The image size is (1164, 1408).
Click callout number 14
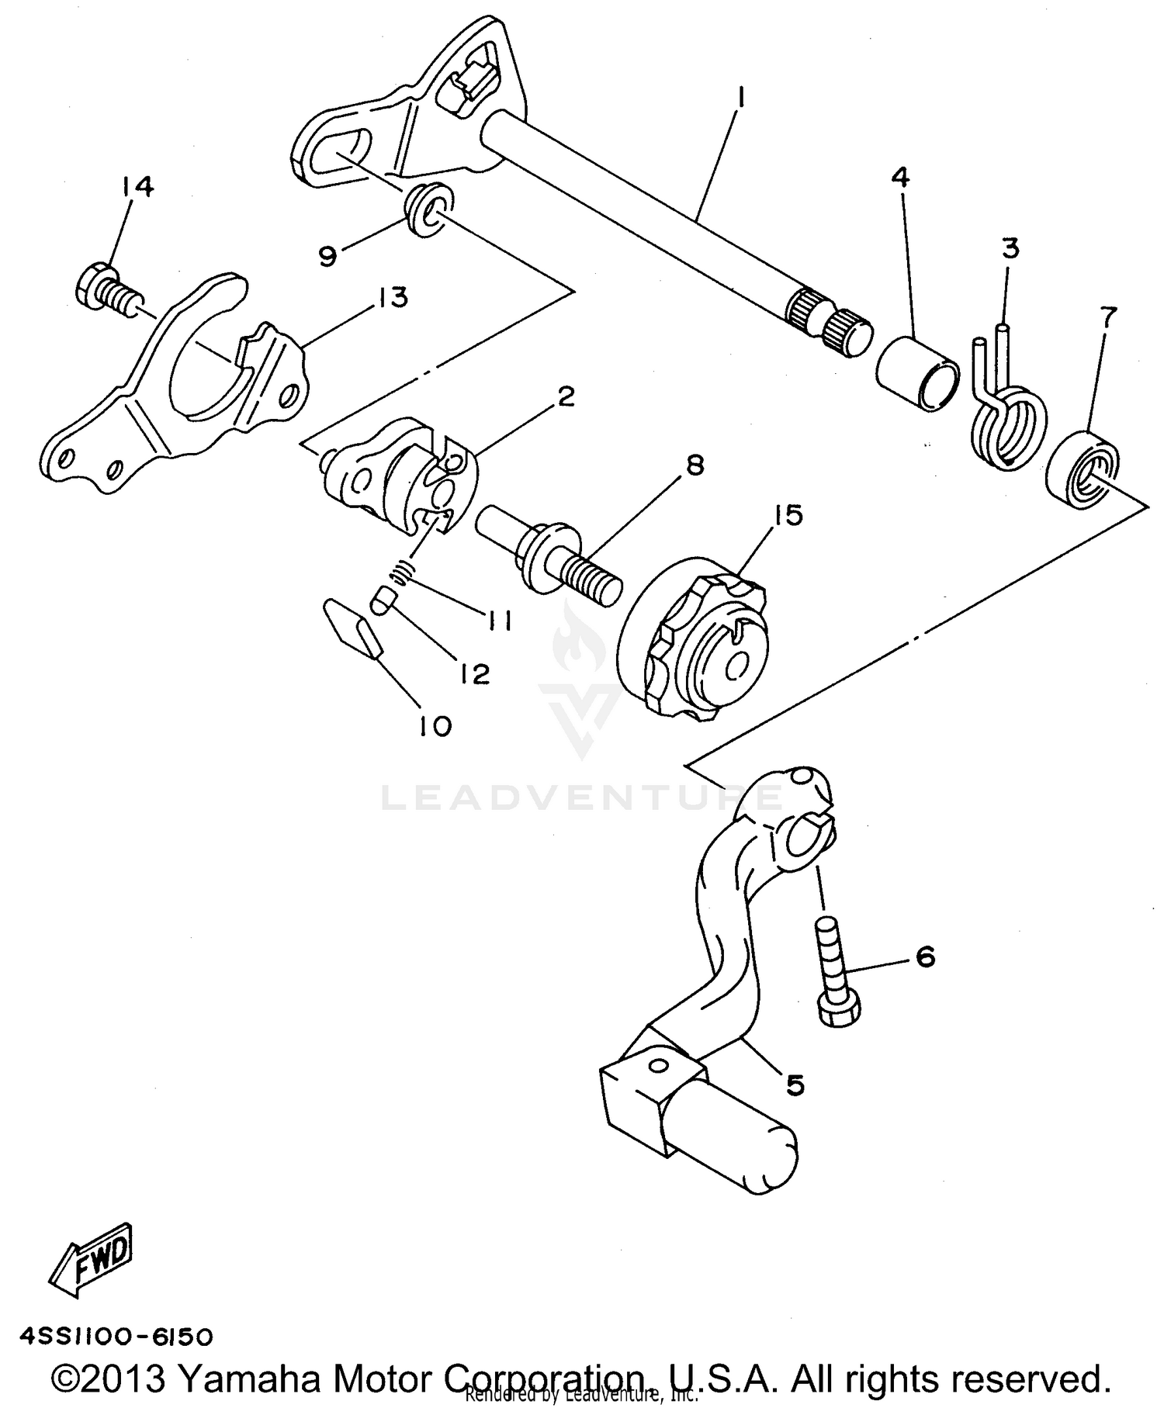point(137,186)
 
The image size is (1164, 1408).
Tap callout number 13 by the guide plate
point(392,297)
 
